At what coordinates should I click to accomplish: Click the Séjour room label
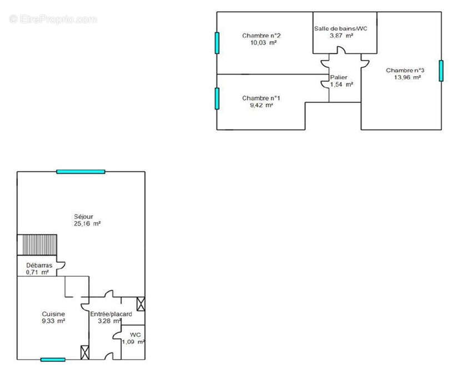[83, 217]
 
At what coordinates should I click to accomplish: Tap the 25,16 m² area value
[87, 223]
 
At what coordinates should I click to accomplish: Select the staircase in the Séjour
[37, 245]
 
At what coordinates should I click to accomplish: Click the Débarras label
[39, 265]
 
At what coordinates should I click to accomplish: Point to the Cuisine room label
[53, 314]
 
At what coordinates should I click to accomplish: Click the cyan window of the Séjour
[81, 172]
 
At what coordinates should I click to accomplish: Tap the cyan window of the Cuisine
[53, 360]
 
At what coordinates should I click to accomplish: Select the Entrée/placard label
[111, 314]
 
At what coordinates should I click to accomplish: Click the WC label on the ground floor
[135, 335]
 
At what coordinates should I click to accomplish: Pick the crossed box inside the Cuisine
[85, 352]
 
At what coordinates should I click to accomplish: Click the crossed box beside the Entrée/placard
[140, 304]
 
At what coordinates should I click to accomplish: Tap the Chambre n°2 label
[261, 36]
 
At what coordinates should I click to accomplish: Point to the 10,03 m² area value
[263, 43]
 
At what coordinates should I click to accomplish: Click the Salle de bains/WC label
[341, 28]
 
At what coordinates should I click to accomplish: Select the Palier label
[339, 77]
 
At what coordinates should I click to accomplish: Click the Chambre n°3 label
[405, 71]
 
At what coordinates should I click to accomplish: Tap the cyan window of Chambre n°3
[441, 71]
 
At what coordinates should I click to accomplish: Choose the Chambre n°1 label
[261, 98]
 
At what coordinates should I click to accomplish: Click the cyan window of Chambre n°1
[217, 98]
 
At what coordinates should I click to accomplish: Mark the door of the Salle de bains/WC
[341, 49]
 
